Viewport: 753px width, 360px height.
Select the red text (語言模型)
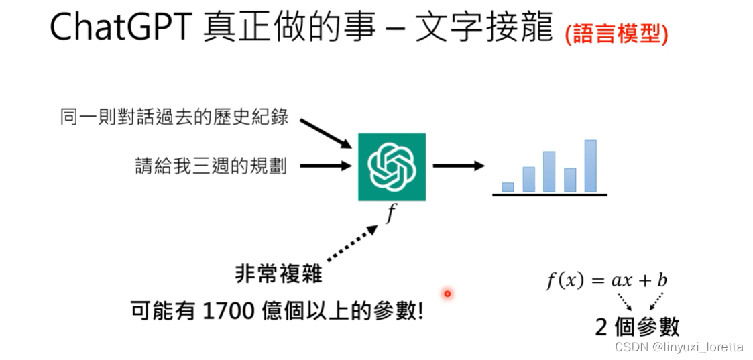pos(616,34)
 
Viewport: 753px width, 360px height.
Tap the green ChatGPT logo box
pos(392,166)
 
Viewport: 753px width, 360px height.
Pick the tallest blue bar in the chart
pos(590,166)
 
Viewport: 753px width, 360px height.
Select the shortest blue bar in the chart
pos(508,187)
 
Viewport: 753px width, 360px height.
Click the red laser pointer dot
pos(447,293)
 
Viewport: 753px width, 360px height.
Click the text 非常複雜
pos(278,274)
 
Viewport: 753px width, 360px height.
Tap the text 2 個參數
pos(637,326)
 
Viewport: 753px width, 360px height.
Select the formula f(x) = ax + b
pos(606,280)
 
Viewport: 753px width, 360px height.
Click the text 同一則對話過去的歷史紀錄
pos(174,117)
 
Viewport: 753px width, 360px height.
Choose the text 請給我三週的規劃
pos(211,165)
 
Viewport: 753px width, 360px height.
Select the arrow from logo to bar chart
pos(458,165)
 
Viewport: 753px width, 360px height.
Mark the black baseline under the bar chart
pos(549,194)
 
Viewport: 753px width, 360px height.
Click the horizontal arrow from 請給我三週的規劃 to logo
pos(325,165)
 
